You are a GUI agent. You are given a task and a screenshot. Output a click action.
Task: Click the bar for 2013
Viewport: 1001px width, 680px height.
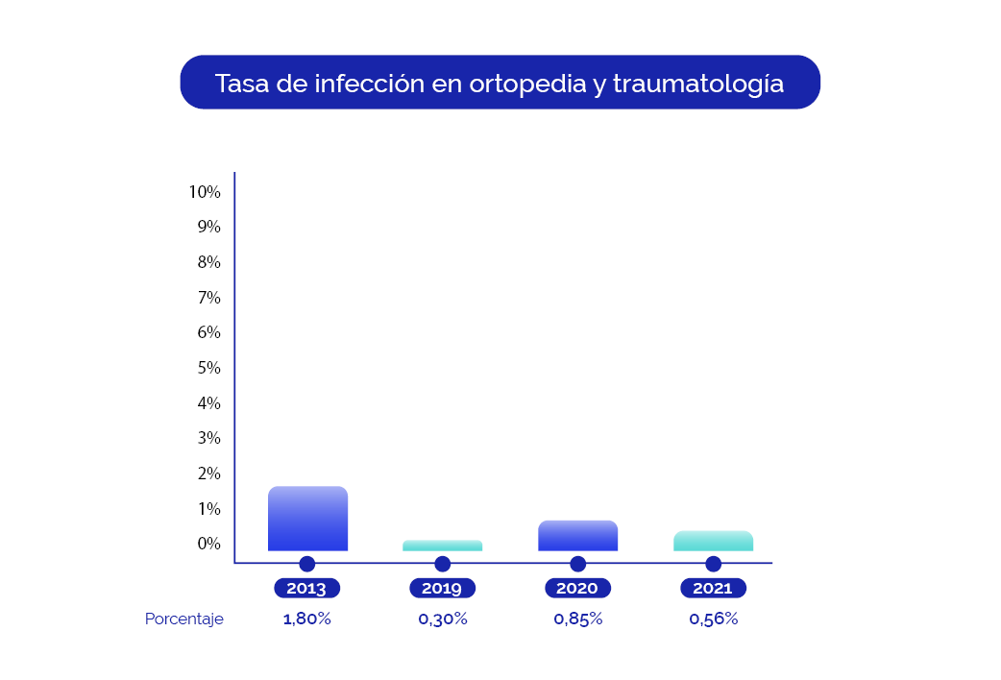[307, 519]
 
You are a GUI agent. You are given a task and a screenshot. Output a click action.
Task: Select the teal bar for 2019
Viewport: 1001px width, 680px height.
[442, 546]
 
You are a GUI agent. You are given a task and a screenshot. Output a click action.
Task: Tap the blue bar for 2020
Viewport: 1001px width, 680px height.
[577, 536]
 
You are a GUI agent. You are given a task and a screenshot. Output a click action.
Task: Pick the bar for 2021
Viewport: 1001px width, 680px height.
[713, 541]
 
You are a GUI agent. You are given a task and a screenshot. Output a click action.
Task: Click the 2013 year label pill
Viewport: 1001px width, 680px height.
[307, 589]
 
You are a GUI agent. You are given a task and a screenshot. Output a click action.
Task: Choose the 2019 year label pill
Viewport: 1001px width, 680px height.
[442, 589]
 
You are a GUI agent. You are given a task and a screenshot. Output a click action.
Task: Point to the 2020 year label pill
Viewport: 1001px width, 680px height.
[577, 589]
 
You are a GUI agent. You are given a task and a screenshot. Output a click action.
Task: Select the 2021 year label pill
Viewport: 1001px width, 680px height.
[713, 589]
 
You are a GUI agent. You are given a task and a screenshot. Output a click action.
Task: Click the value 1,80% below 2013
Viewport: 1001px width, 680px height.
[307, 619]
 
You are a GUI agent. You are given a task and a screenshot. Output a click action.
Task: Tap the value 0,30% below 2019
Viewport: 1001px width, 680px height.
[443, 619]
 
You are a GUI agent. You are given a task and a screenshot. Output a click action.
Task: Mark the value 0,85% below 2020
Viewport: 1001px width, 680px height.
[578, 619]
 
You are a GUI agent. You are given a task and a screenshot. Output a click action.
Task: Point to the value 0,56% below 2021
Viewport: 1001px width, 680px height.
[714, 619]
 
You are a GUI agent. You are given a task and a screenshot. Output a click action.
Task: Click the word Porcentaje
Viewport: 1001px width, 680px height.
[184, 619]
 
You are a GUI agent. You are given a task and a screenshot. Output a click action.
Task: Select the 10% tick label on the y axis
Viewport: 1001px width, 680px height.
[205, 192]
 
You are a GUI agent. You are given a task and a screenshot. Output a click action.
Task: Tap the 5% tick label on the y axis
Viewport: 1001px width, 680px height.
[208, 368]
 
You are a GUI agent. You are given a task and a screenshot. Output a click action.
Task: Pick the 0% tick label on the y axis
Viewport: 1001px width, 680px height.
[208, 544]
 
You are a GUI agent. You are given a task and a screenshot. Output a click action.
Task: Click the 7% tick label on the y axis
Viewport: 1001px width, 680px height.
[208, 298]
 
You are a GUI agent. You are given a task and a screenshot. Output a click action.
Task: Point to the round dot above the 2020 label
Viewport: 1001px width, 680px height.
[577, 564]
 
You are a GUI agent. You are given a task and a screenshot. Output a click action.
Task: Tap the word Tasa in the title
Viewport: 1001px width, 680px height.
[241, 84]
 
